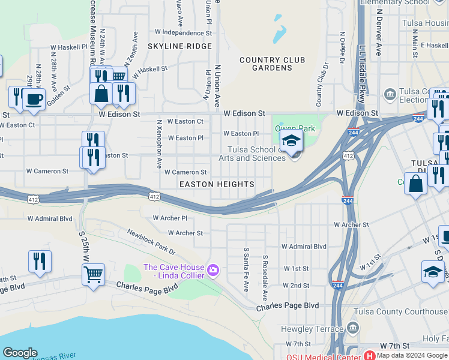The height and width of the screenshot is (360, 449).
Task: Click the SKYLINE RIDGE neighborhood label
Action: (x=179, y=46)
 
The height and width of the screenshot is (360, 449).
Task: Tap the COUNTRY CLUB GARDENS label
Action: (x=272, y=64)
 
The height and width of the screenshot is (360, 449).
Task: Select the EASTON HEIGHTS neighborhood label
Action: (x=217, y=184)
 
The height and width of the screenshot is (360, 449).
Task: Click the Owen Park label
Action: (x=295, y=128)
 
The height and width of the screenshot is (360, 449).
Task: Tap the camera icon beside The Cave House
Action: (x=212, y=271)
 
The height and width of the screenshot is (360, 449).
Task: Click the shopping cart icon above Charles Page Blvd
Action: (x=93, y=275)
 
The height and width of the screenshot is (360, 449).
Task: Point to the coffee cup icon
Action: (x=34, y=98)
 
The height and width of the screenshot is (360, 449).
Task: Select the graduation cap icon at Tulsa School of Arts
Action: (x=291, y=142)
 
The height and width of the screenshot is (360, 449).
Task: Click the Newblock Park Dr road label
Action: (x=151, y=241)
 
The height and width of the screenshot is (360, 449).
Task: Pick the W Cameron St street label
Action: (x=185, y=172)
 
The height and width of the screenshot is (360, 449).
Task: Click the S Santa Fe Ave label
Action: (x=246, y=269)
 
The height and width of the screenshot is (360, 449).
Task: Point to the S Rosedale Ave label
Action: (x=264, y=278)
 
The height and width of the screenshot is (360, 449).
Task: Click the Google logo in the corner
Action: (x=20, y=353)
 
